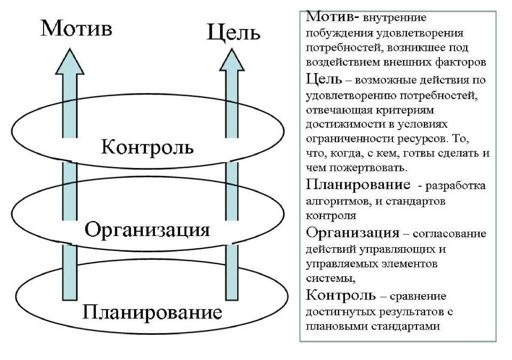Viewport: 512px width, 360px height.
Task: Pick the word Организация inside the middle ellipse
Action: pos(147,229)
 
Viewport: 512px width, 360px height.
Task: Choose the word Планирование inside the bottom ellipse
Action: pos(152,312)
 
